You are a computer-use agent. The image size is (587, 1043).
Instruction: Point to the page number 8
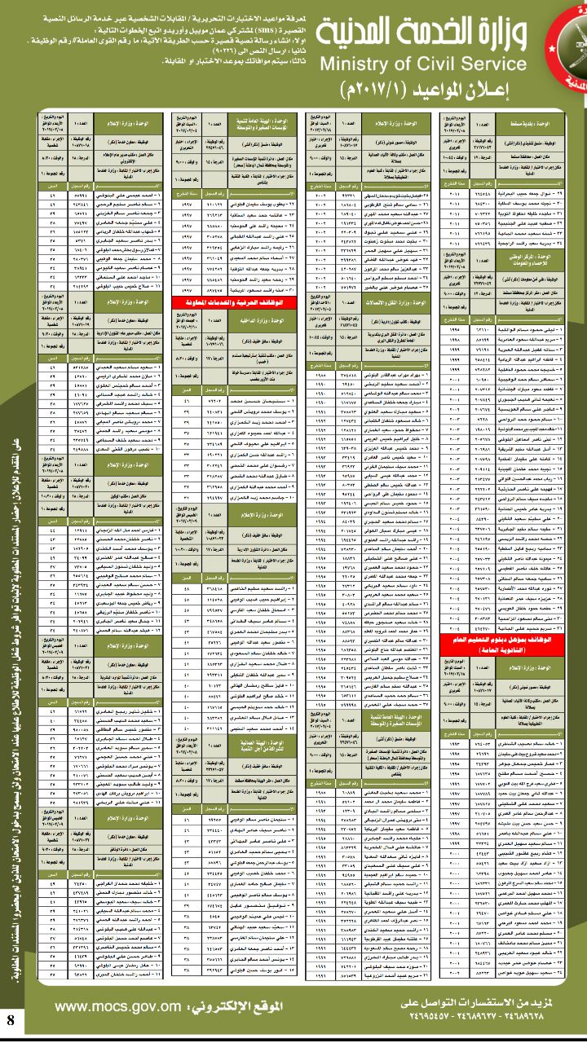(11, 1019)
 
